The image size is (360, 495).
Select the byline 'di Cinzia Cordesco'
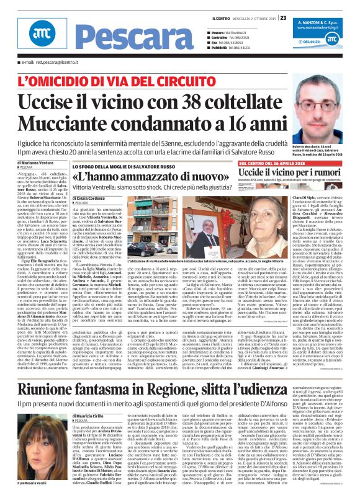tap(91, 198)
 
